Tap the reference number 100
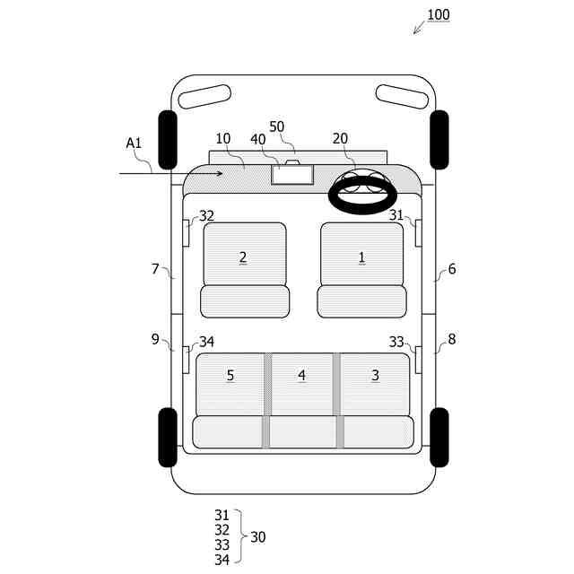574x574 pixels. (x=439, y=14)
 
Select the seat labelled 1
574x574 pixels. (x=361, y=270)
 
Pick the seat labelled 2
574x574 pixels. (x=245, y=270)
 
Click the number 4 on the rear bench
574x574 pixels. (x=301, y=375)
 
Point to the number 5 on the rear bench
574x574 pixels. (x=230, y=375)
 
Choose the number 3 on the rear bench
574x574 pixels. (x=375, y=375)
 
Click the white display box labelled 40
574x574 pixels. (x=292, y=174)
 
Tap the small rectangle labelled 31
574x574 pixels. (x=419, y=233)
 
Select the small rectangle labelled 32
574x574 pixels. (x=186, y=233)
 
